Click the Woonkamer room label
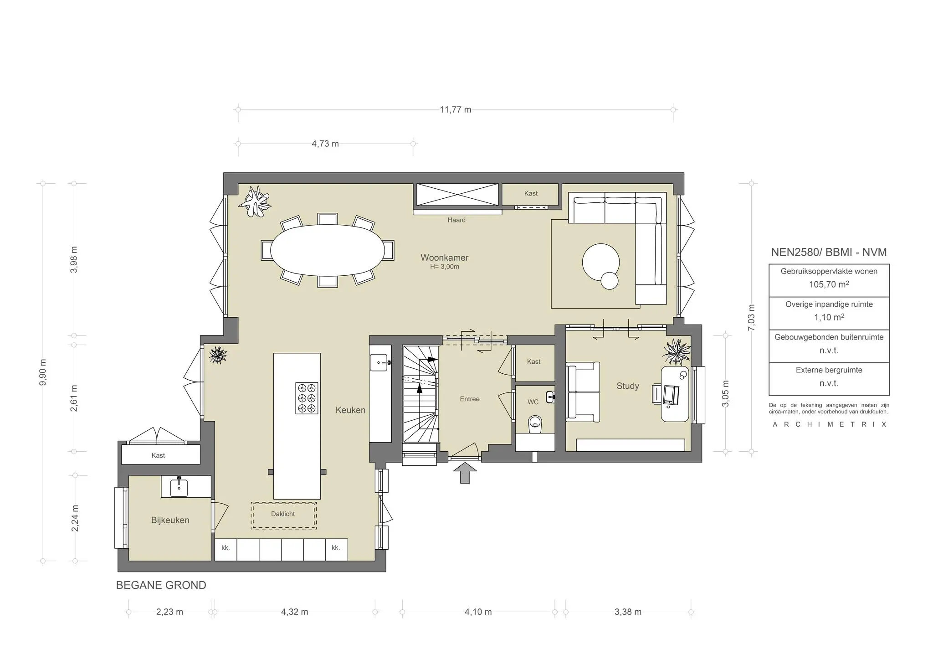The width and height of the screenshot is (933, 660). click(x=444, y=258)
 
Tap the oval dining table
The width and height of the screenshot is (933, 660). click(x=327, y=250)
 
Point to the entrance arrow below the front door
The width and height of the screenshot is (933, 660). click(x=465, y=473)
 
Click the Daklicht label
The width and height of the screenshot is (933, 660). click(x=283, y=514)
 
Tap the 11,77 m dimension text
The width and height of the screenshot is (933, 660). click(x=455, y=110)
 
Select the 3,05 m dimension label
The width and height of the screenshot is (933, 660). click(x=726, y=393)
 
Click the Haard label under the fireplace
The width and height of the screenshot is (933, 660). click(x=456, y=220)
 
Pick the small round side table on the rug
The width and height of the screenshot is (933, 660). click(x=610, y=280)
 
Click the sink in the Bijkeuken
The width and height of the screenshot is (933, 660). click(x=179, y=488)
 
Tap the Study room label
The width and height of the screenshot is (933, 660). click(x=627, y=386)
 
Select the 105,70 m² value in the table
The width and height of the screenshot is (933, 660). click(x=829, y=284)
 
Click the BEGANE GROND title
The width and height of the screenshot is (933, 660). click(x=161, y=585)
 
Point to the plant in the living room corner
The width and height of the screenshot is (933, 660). click(x=257, y=201)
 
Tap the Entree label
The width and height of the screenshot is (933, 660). click(x=469, y=399)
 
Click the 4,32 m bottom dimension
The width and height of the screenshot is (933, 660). click(x=294, y=612)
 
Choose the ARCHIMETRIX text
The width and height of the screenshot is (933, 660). click(x=829, y=424)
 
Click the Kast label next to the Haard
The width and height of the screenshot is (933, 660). click(x=530, y=193)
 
